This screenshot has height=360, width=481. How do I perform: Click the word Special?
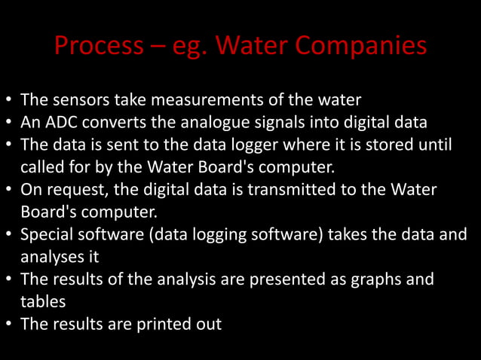tap(46, 234)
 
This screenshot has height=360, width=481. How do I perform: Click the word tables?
tap(42, 301)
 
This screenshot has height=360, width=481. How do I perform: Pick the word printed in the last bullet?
tap(163, 324)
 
